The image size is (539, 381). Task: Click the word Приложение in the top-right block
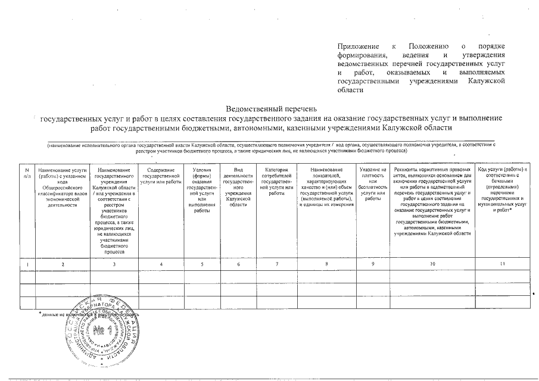tap(358, 46)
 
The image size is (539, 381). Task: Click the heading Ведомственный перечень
tap(269, 109)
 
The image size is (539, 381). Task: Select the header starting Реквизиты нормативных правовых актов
tap(432, 201)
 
